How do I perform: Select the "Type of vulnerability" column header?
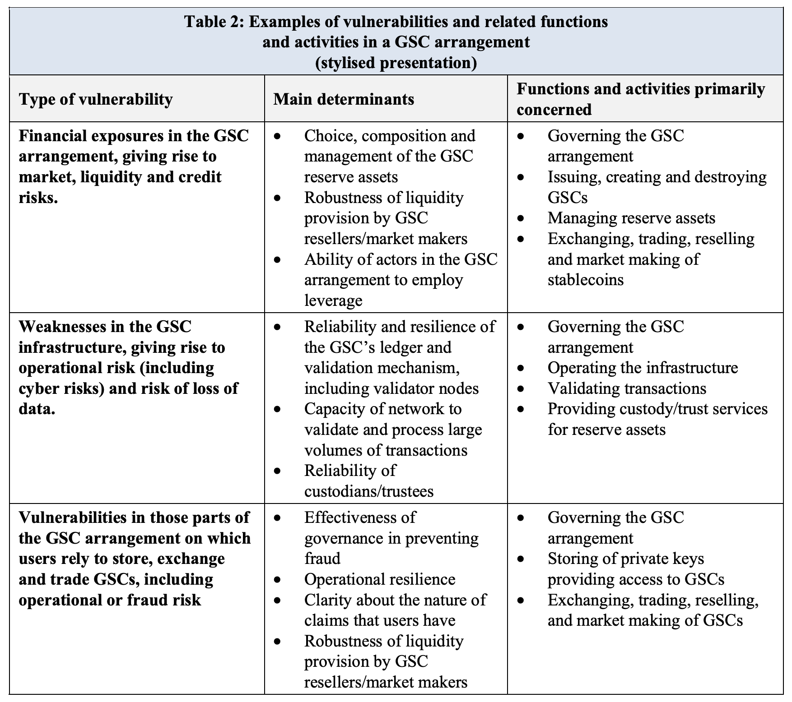click(x=96, y=99)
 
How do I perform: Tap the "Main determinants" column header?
click(x=344, y=99)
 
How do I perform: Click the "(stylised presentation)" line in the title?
click(x=396, y=63)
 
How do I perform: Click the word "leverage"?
click(x=333, y=300)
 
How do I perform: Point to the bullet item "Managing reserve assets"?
click(x=631, y=218)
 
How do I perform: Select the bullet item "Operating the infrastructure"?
click(x=643, y=368)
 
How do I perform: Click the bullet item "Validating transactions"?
click(x=627, y=388)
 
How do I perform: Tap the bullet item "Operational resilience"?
click(x=380, y=579)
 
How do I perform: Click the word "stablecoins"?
click(x=585, y=280)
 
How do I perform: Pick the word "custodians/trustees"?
click(x=368, y=491)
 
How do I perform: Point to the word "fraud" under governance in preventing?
click(x=322, y=559)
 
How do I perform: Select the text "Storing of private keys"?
click(x=625, y=559)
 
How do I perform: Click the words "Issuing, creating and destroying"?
click(x=657, y=177)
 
